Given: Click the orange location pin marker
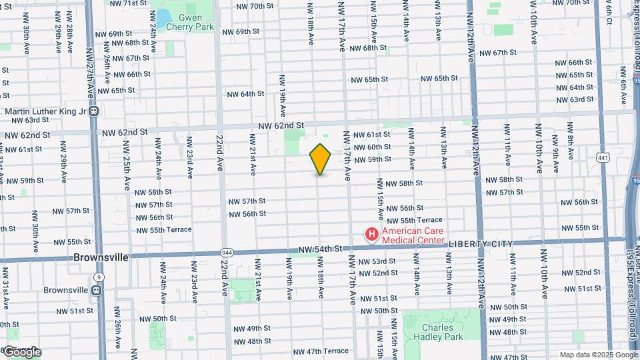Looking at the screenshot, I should pos(321,159).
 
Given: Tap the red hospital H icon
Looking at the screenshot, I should pos(371,235).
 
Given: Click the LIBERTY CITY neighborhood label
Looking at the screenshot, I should pos(480,244).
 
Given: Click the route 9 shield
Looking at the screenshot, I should pos(99,276).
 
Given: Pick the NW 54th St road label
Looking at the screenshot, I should pos(320,249).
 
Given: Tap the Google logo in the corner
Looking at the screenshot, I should pos(23,352).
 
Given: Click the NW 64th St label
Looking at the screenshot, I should pos(243,94).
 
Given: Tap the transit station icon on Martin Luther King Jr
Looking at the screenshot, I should pos(94,111).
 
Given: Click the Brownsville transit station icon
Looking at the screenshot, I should pos(97,290).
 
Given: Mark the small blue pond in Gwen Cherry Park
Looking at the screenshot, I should pos(162,16).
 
